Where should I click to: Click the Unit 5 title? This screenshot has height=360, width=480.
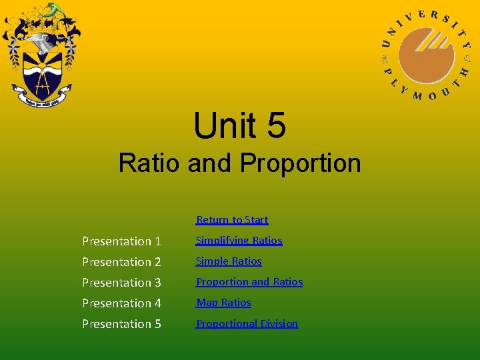coord(239,125)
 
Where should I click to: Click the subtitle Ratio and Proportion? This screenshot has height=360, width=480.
coord(239,163)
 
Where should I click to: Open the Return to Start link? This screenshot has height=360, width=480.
coord(232,219)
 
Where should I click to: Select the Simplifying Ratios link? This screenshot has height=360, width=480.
coord(239,240)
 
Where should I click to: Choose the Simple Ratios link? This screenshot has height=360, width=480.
coord(229,261)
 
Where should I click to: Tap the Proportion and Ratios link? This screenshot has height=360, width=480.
coord(249,281)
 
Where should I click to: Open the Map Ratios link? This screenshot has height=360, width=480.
coord(223,302)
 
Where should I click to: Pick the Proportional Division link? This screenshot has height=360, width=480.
coord(247,323)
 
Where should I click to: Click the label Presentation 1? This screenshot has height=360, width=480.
coord(121,241)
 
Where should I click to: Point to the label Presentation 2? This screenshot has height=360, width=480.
coord(121,261)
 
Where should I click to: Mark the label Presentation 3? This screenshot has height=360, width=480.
coord(121,282)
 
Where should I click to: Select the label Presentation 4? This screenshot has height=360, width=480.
coord(121,303)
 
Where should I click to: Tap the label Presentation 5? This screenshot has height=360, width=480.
coord(121,323)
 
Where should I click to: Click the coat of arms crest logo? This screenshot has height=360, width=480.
coord(41,57)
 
